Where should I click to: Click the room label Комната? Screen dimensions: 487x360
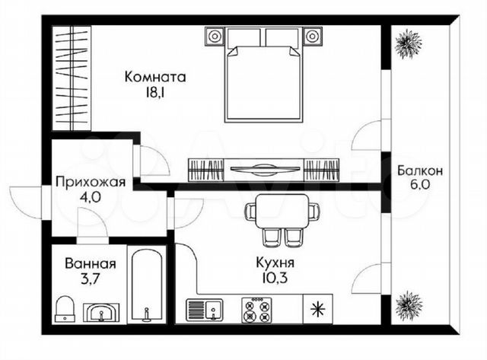(155, 77)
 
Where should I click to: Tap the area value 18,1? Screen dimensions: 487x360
(154, 92)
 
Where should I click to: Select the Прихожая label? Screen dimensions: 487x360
(91, 183)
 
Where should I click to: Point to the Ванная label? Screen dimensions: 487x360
(91, 264)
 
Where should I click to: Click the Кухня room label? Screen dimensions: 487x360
(275, 263)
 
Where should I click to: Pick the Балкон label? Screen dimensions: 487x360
(420, 170)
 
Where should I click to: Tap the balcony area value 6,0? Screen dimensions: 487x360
(420, 185)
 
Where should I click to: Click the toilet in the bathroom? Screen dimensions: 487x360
(65, 308)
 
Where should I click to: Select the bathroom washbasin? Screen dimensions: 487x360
(101, 312)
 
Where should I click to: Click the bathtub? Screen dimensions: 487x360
(147, 284)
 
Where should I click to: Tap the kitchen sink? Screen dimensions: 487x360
(204, 309)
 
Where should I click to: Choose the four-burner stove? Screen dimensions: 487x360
(256, 311)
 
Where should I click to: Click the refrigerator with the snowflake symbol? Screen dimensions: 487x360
(318, 309)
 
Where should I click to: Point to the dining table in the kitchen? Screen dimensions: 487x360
(282, 212)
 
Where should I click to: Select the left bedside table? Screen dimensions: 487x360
(214, 37)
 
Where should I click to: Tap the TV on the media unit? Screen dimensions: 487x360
(266, 169)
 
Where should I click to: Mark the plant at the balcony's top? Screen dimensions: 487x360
(408, 43)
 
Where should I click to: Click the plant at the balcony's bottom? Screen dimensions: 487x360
(409, 304)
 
